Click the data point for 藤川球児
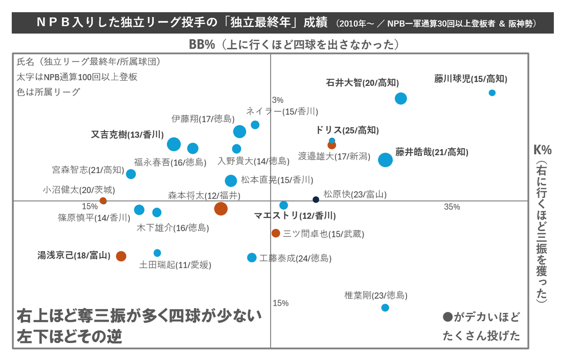(492, 93)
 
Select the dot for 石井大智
(401, 99)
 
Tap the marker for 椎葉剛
(385, 308)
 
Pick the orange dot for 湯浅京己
(121, 256)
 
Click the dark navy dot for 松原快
(316, 200)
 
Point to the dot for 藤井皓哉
(385, 160)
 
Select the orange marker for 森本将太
(221, 208)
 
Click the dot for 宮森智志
(131, 174)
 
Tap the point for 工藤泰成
(252, 258)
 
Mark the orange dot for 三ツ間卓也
(276, 233)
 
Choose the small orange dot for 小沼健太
(103, 201)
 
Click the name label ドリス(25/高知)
(347, 130)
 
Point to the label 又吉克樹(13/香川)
(127, 134)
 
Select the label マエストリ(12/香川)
(295, 216)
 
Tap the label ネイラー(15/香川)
(282, 111)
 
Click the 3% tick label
(278, 100)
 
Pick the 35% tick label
(452, 207)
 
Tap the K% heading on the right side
(542, 150)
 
